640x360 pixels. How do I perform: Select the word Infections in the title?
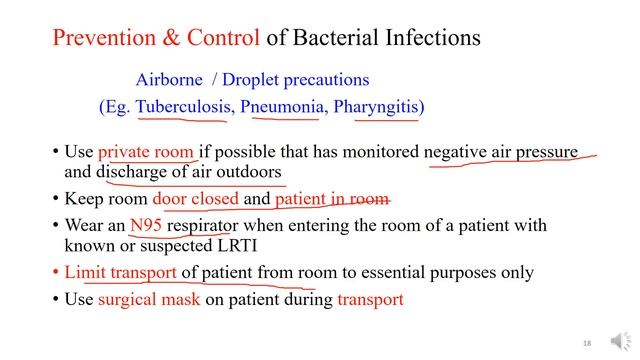point(425,39)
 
